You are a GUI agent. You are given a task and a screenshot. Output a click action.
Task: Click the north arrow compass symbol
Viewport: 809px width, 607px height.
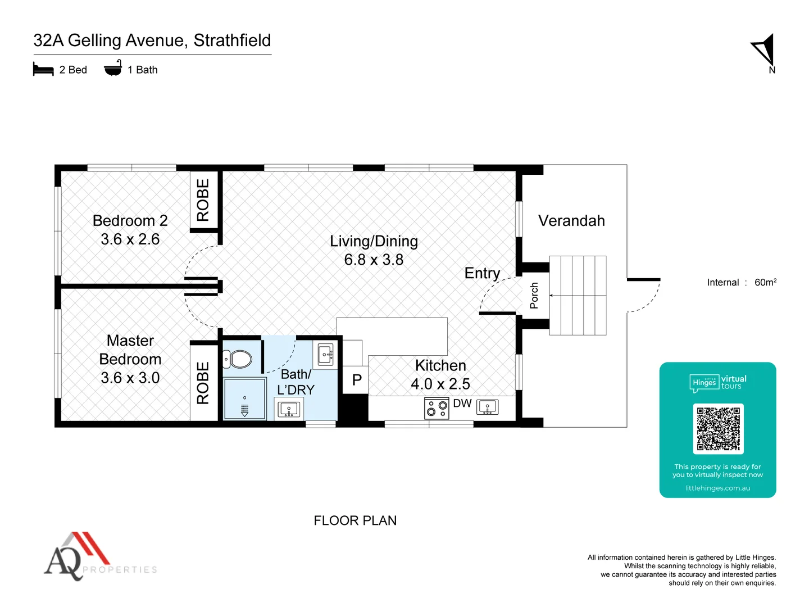(x=765, y=50)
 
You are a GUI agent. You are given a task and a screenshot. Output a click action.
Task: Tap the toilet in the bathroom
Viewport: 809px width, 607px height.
(x=238, y=359)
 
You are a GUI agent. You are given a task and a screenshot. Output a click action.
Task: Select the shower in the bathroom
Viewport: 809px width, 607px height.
(x=244, y=398)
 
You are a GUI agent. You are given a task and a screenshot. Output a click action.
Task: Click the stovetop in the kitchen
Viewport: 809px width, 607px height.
(x=437, y=408)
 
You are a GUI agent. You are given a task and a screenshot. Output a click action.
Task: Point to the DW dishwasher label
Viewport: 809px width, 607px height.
(x=462, y=403)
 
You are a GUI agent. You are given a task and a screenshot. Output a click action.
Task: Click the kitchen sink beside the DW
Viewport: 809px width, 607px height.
(x=487, y=407)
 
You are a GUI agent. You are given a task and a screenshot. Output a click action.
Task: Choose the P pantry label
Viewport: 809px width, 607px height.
(x=357, y=380)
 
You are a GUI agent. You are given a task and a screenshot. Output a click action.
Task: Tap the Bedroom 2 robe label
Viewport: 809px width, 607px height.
(x=203, y=200)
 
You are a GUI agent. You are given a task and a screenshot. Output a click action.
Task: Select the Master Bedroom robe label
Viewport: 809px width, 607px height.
(x=203, y=383)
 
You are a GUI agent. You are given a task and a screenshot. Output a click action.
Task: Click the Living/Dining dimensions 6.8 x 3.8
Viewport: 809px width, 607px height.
(x=374, y=260)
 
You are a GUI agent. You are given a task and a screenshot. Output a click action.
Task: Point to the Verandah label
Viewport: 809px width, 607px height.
(x=571, y=221)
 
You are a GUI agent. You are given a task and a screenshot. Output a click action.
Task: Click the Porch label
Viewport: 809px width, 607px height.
(x=534, y=296)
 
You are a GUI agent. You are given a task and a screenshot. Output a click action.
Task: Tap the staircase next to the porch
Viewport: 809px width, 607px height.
(x=578, y=296)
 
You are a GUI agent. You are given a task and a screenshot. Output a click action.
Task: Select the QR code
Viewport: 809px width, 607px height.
(x=718, y=429)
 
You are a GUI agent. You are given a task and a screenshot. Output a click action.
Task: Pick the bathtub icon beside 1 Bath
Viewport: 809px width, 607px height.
(x=113, y=69)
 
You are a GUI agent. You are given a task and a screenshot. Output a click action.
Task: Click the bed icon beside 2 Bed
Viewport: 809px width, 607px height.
(x=43, y=70)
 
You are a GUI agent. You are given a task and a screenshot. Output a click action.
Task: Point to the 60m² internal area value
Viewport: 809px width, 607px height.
(x=765, y=282)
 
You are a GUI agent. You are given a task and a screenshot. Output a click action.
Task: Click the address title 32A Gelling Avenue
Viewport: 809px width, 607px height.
(x=152, y=40)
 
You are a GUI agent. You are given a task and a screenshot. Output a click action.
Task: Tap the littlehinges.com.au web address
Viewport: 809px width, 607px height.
(x=717, y=488)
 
